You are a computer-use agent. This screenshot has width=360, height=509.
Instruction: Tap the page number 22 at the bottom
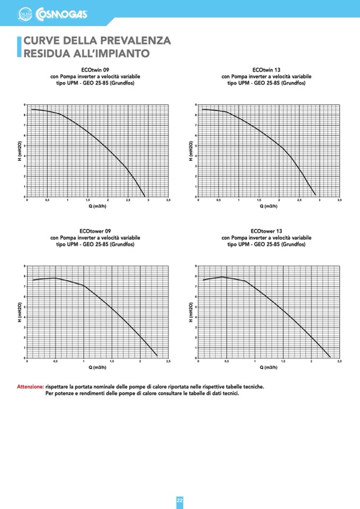pyautogui.click(x=180, y=501)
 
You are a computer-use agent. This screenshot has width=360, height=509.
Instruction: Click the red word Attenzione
pyautogui.click(x=30, y=387)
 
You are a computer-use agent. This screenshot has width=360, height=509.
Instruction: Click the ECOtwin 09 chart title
pyautogui.click(x=96, y=70)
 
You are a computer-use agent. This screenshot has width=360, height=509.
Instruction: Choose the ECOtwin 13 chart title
pyautogui.click(x=267, y=70)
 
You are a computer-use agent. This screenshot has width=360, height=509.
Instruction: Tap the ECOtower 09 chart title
pyautogui.click(x=96, y=231)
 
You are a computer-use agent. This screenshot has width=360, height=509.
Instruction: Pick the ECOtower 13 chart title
pyautogui.click(x=267, y=231)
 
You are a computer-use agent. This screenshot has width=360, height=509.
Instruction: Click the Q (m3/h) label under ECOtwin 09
pyautogui.click(x=97, y=206)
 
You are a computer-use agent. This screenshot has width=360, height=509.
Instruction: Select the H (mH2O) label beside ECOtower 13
pyautogui.click(x=191, y=312)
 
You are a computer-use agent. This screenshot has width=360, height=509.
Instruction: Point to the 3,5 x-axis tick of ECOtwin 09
pyautogui.click(x=168, y=200)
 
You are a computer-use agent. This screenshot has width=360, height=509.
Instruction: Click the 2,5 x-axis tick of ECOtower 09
pyautogui.click(x=168, y=361)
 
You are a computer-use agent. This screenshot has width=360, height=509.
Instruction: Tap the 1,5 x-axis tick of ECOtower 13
pyautogui.click(x=282, y=361)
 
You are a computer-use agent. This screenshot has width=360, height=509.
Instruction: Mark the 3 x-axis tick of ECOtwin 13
pyautogui.click(x=320, y=200)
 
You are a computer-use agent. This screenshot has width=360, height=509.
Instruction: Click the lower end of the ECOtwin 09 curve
pyautogui.click(x=145, y=196)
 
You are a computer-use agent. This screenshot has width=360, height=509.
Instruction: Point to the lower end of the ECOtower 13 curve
pyautogui.click(x=330, y=357)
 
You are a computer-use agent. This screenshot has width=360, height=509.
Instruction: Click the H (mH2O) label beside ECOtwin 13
pyautogui.click(x=191, y=151)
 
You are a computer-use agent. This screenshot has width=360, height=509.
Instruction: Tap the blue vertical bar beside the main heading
pyautogui.click(x=20, y=47)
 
